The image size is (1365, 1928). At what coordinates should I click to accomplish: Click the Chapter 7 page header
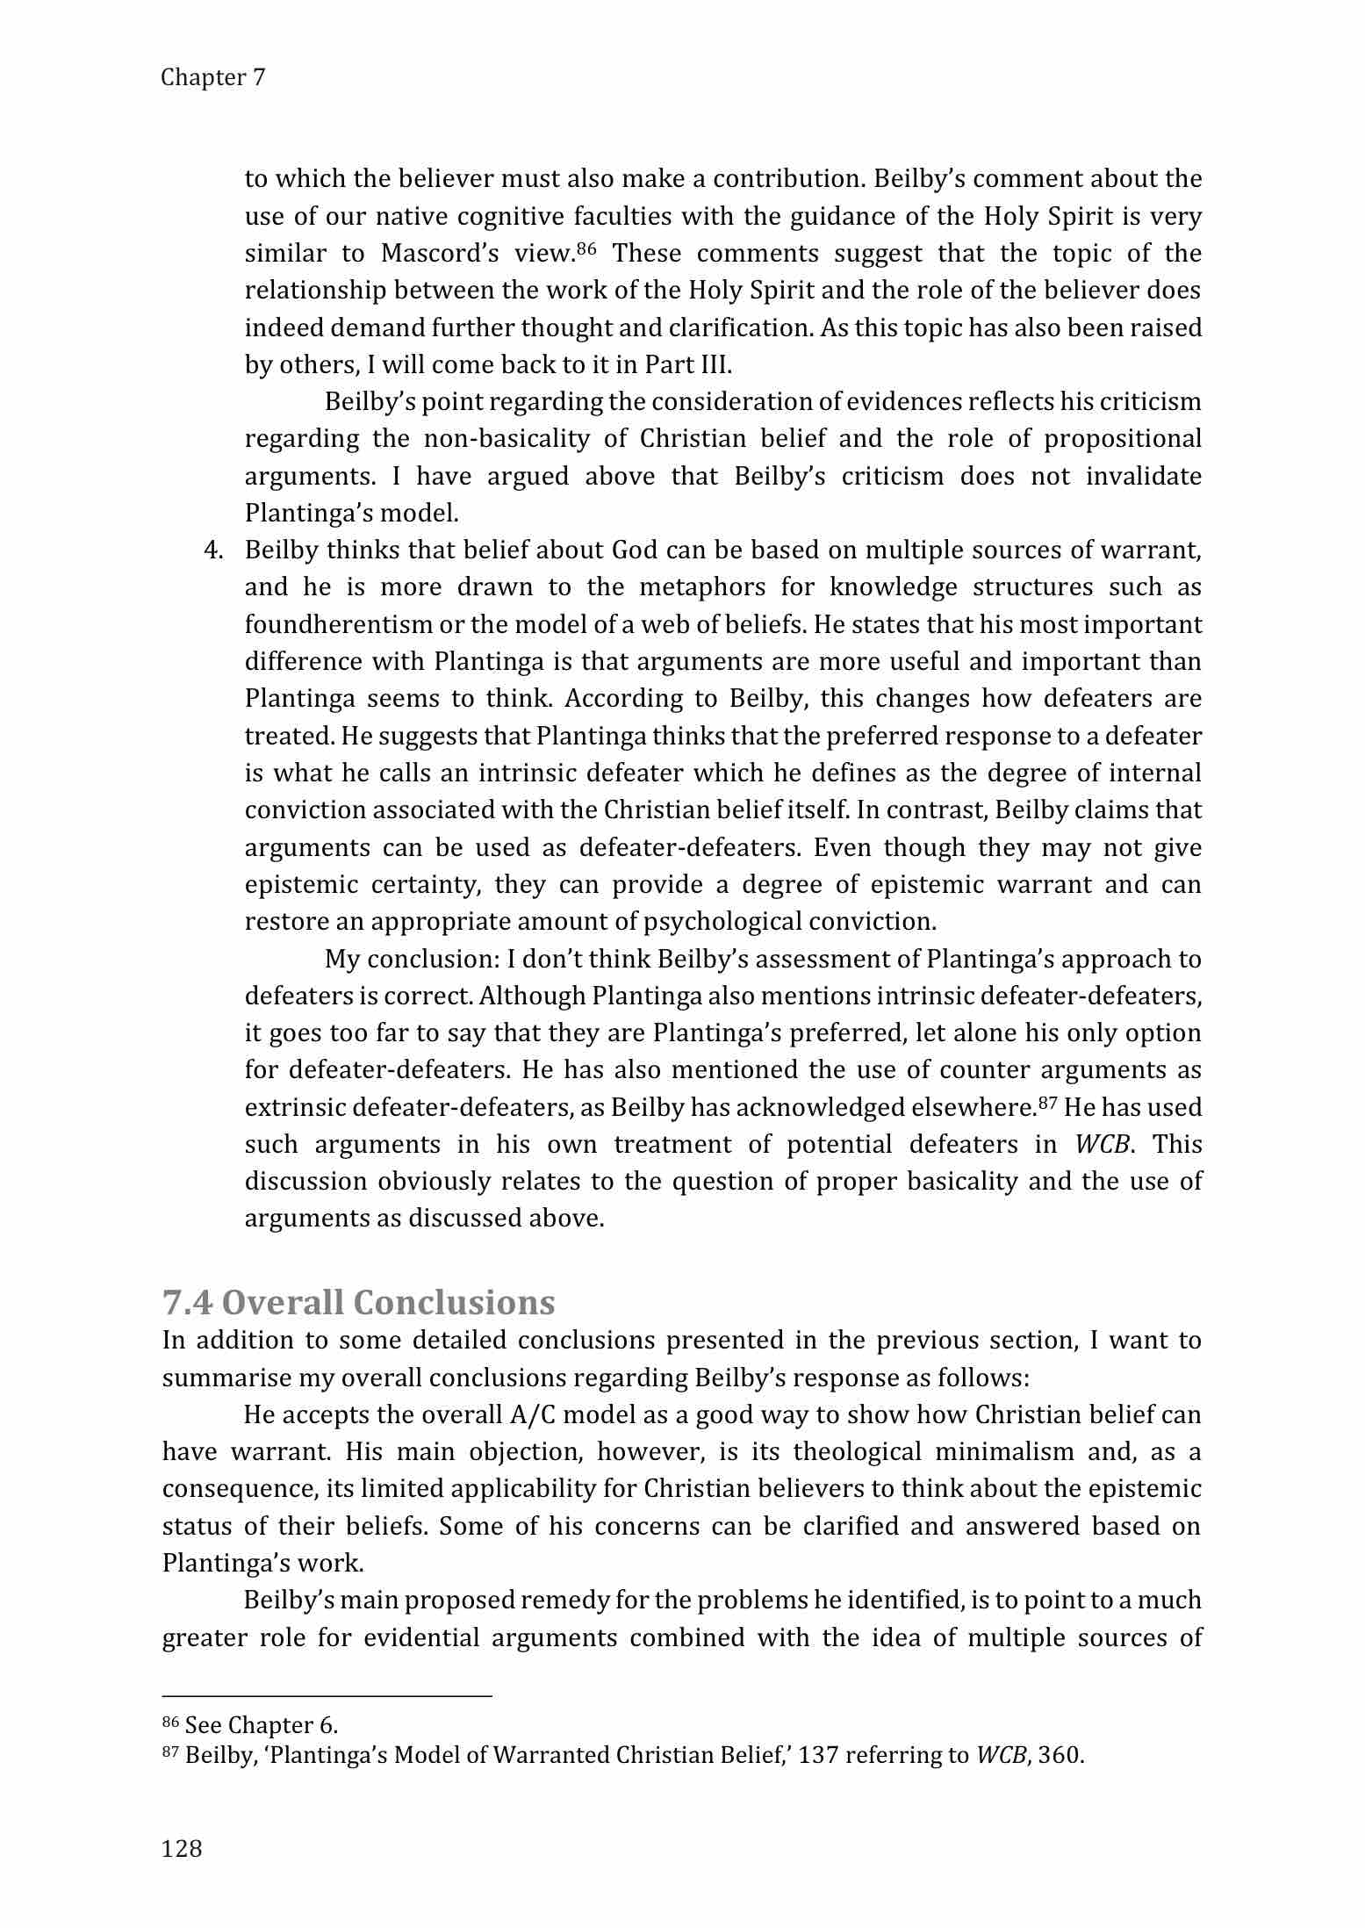[x=212, y=78]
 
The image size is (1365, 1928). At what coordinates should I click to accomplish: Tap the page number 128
[x=183, y=1850]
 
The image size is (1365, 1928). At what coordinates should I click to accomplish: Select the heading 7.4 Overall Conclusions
[x=358, y=1302]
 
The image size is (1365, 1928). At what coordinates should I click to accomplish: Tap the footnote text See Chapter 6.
[x=261, y=1725]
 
